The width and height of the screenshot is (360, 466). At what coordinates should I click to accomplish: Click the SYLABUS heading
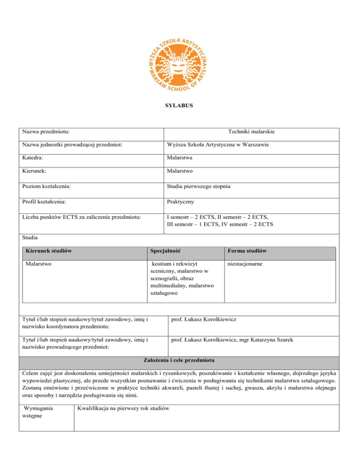(x=180, y=106)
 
